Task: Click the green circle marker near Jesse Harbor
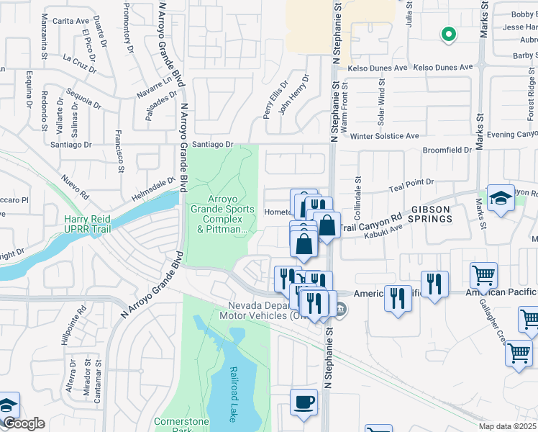[448, 34]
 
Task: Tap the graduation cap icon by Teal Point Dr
[500, 199]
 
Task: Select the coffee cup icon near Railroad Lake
[304, 402]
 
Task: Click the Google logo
[24, 423]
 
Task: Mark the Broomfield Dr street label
[447, 150]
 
